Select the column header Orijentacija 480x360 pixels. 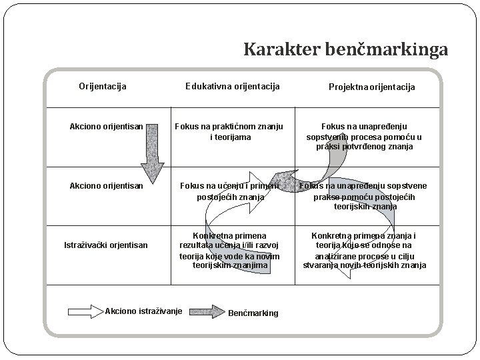click(x=103, y=86)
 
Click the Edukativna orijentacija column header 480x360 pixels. click(x=232, y=86)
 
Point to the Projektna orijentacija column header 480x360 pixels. click(x=371, y=87)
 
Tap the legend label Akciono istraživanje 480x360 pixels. click(x=143, y=310)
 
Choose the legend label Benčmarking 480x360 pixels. click(x=253, y=313)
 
